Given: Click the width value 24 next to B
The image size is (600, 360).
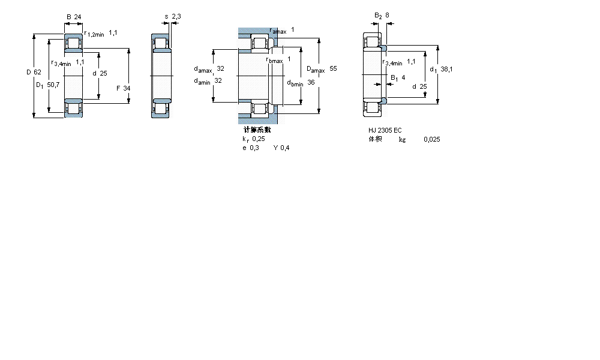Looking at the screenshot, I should tap(78, 16).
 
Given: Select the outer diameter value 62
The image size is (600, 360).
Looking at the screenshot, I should tap(37, 72).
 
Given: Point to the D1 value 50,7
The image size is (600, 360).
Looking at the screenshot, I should tap(54, 85).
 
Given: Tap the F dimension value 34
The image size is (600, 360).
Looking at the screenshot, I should tap(127, 88).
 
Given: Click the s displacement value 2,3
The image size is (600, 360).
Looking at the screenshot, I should tap(176, 16).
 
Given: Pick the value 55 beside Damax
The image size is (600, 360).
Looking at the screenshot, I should tap(333, 69).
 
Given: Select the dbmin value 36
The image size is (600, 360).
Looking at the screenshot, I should tap(311, 82).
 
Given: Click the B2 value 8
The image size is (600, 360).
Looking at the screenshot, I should tap(387, 16).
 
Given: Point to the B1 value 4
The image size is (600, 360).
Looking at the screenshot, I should tap(403, 77).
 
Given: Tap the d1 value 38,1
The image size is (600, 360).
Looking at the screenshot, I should tap(446, 70).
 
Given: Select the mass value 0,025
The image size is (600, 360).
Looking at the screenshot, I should tap(431, 139).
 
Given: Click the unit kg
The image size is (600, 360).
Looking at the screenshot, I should tap(402, 139).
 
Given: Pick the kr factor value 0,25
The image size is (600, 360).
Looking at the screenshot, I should tap(258, 139).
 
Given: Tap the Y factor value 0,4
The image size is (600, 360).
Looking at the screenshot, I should tap(284, 148).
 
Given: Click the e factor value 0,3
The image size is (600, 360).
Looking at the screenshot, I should tap(255, 148).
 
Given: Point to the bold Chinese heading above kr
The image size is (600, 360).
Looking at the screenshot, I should tap(256, 130).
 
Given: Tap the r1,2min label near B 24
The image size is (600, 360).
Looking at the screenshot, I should tap(94, 34).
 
